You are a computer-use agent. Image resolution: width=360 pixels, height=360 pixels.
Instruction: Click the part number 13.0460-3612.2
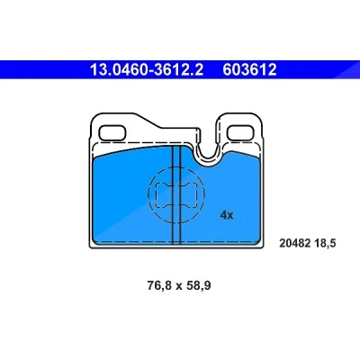pyautogui.click(x=147, y=69)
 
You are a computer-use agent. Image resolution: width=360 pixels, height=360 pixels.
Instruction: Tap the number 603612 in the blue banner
pyautogui.click(x=249, y=69)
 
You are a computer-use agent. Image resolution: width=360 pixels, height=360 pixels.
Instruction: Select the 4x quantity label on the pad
pyautogui.click(x=227, y=215)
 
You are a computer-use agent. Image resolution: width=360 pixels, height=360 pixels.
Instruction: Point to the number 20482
pyautogui.click(x=295, y=243)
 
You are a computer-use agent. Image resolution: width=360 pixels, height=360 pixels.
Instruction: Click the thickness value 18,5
pyautogui.click(x=325, y=243)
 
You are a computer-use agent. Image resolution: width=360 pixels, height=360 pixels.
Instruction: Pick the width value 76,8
pyautogui.click(x=159, y=285)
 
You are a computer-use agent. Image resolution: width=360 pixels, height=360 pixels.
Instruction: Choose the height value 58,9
pyautogui.click(x=198, y=285)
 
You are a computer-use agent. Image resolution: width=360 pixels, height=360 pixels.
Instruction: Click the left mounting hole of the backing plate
pyautogui.click(x=112, y=132)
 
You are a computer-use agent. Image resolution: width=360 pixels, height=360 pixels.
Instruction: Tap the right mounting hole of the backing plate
pyautogui.click(x=240, y=132)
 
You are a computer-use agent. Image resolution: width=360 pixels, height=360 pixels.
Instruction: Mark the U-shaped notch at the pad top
pyautogui.click(x=209, y=158)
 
